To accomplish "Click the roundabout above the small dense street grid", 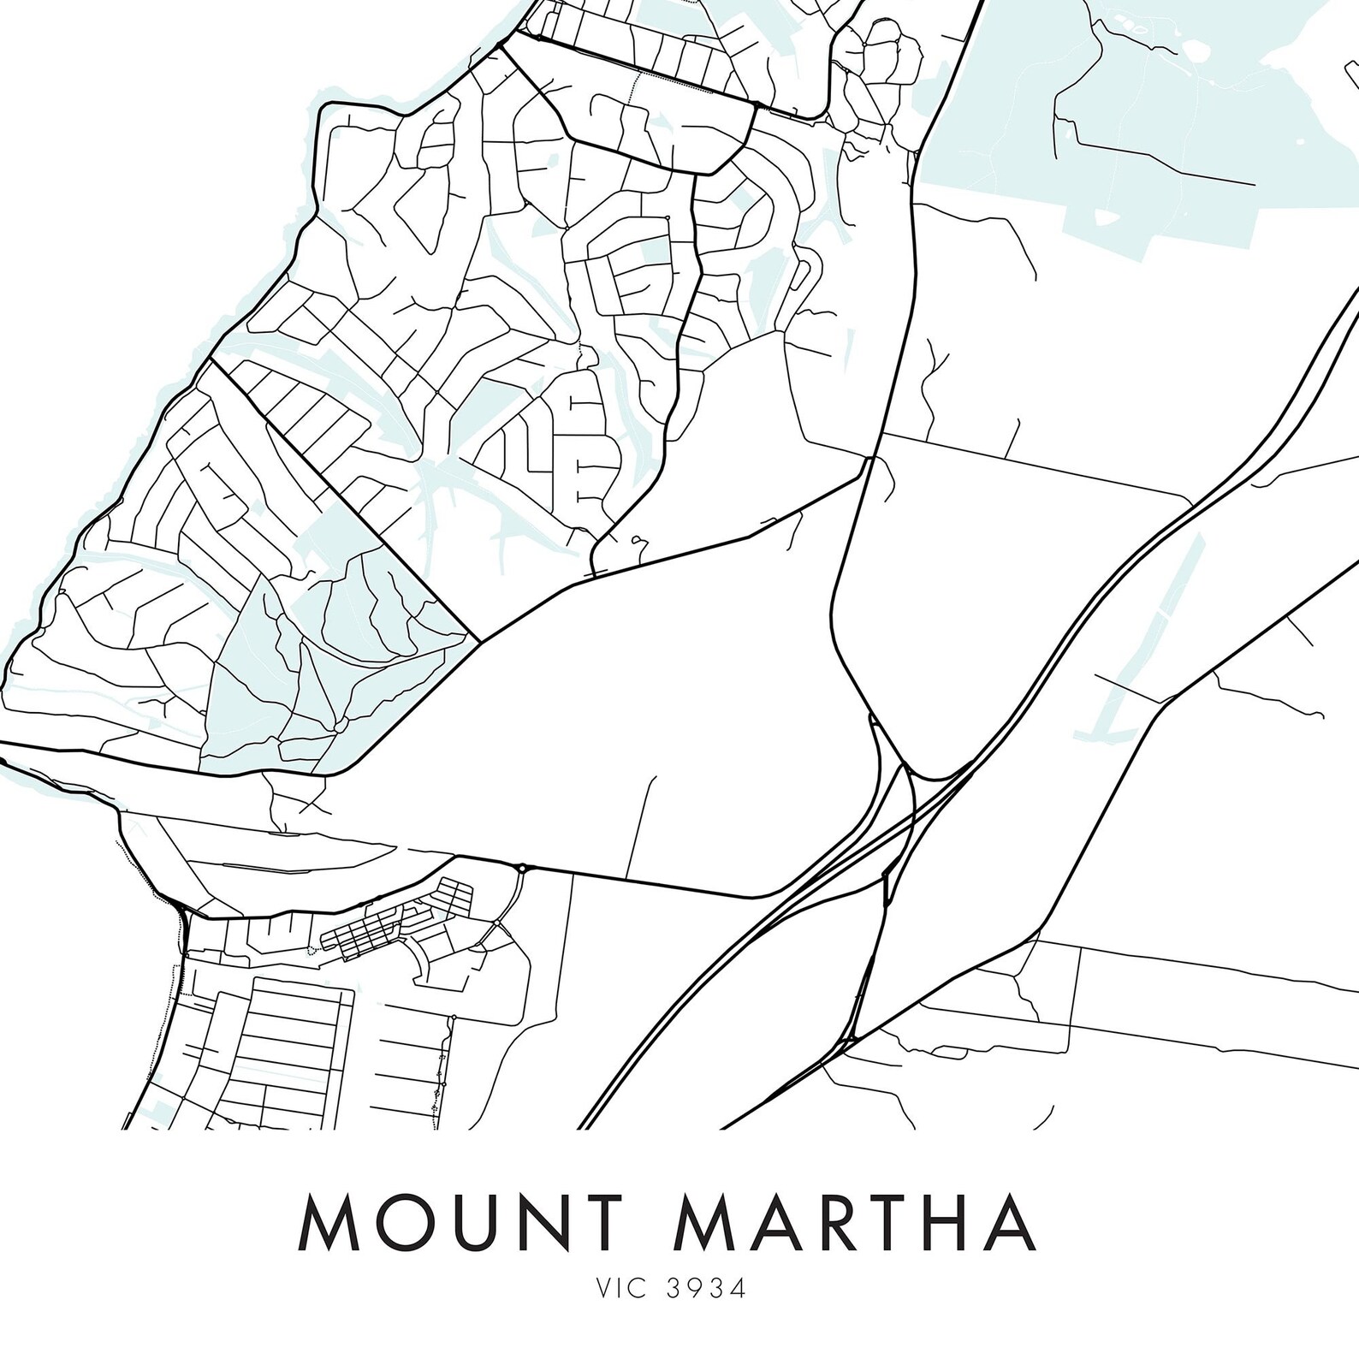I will (x=522, y=868).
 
